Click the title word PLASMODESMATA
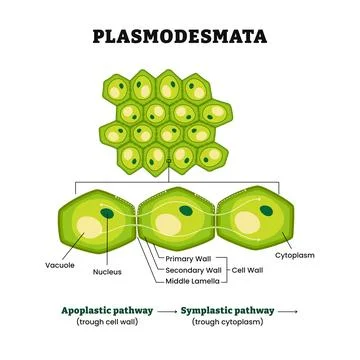(x=180, y=38)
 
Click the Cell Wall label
(x=250, y=270)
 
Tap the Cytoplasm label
(x=307, y=256)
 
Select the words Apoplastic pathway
(x=107, y=311)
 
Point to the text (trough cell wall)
(x=107, y=323)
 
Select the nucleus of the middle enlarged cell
(x=187, y=210)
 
